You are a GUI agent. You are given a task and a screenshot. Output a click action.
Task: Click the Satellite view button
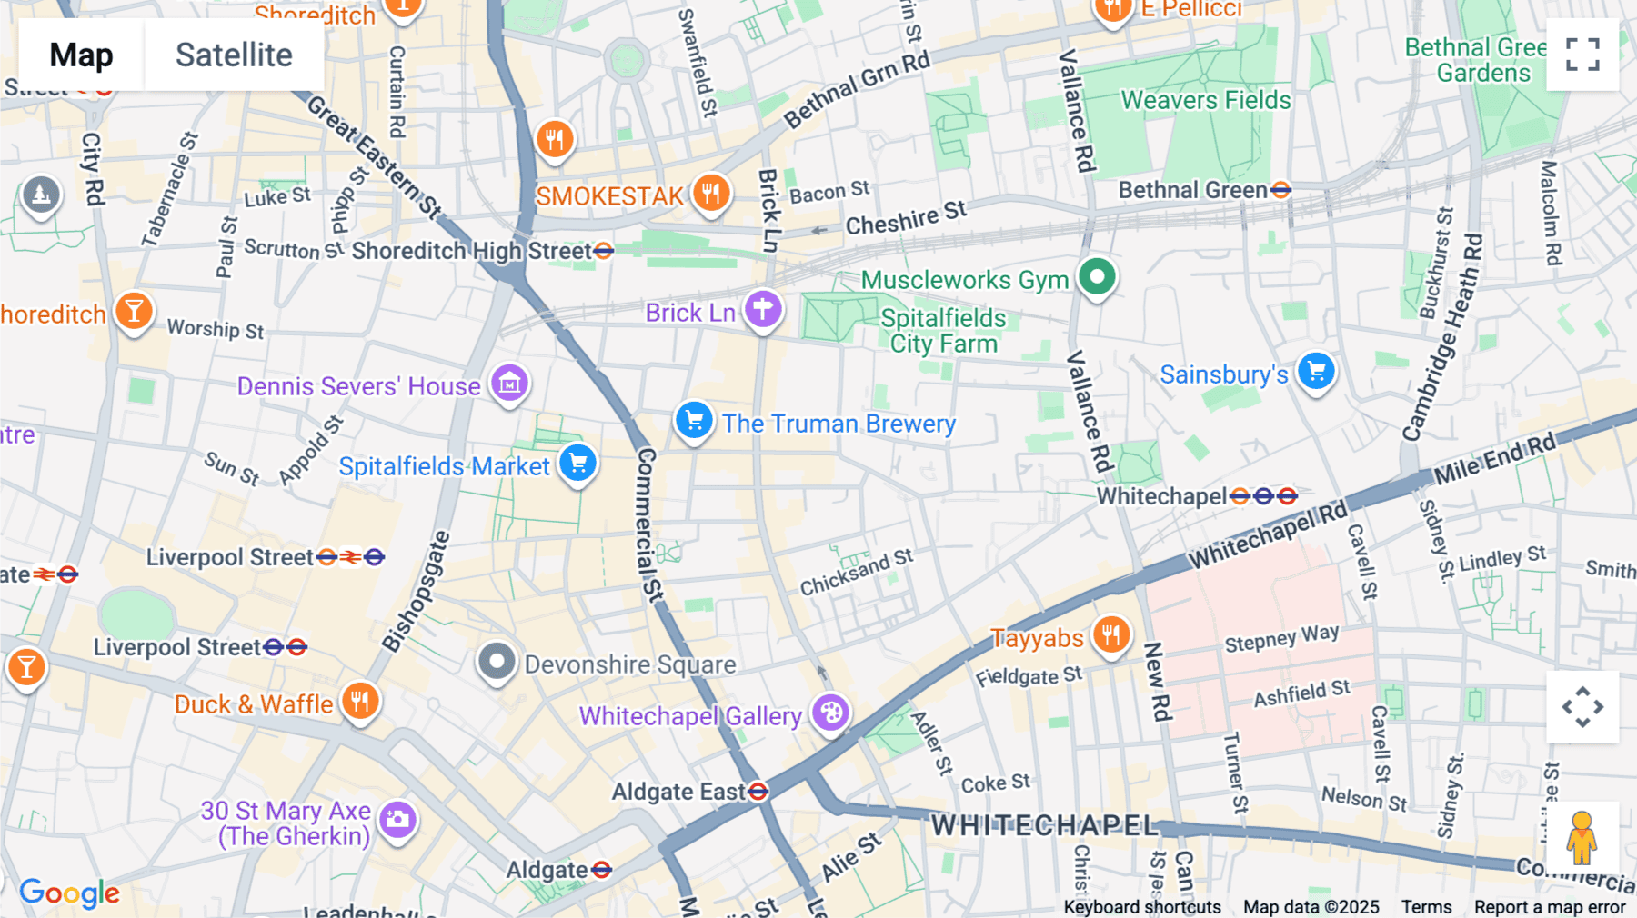coord(234,55)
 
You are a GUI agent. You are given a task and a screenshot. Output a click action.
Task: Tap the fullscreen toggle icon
coord(1582,55)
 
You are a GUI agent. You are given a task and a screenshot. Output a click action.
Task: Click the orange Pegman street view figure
coord(1582,837)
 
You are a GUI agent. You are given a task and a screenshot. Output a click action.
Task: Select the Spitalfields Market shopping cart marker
coord(578,464)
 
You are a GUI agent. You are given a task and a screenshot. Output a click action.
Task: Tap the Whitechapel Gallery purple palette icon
coord(830,713)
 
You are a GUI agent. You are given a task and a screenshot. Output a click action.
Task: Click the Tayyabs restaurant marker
coord(1111,634)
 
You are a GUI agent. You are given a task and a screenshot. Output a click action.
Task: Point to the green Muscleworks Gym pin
coord(1097,276)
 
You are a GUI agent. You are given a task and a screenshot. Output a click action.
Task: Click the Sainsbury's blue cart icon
coord(1316,371)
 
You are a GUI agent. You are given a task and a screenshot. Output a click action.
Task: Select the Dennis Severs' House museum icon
coord(509,384)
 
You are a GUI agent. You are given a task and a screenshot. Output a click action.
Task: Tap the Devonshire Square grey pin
coord(497,662)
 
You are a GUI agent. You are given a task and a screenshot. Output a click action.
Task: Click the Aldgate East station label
coord(678,793)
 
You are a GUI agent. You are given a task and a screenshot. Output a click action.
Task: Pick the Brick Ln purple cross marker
coord(763,310)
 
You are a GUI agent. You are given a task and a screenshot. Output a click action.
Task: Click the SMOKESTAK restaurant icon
coord(711,194)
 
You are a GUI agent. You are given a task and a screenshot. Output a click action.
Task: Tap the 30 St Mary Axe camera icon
coord(397,820)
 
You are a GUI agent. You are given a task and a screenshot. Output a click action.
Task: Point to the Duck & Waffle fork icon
coord(360,702)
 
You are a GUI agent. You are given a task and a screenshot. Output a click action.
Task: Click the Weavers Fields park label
coord(1206,100)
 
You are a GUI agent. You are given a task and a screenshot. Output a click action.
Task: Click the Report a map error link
coord(1550,907)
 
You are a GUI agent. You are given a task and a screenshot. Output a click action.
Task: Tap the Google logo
coord(70,893)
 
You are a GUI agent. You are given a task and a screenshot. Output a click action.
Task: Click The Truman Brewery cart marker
coord(695,421)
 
